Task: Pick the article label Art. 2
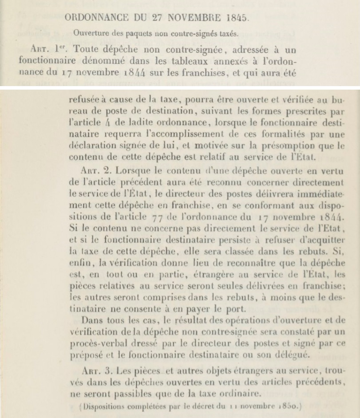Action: click(x=93, y=170)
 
